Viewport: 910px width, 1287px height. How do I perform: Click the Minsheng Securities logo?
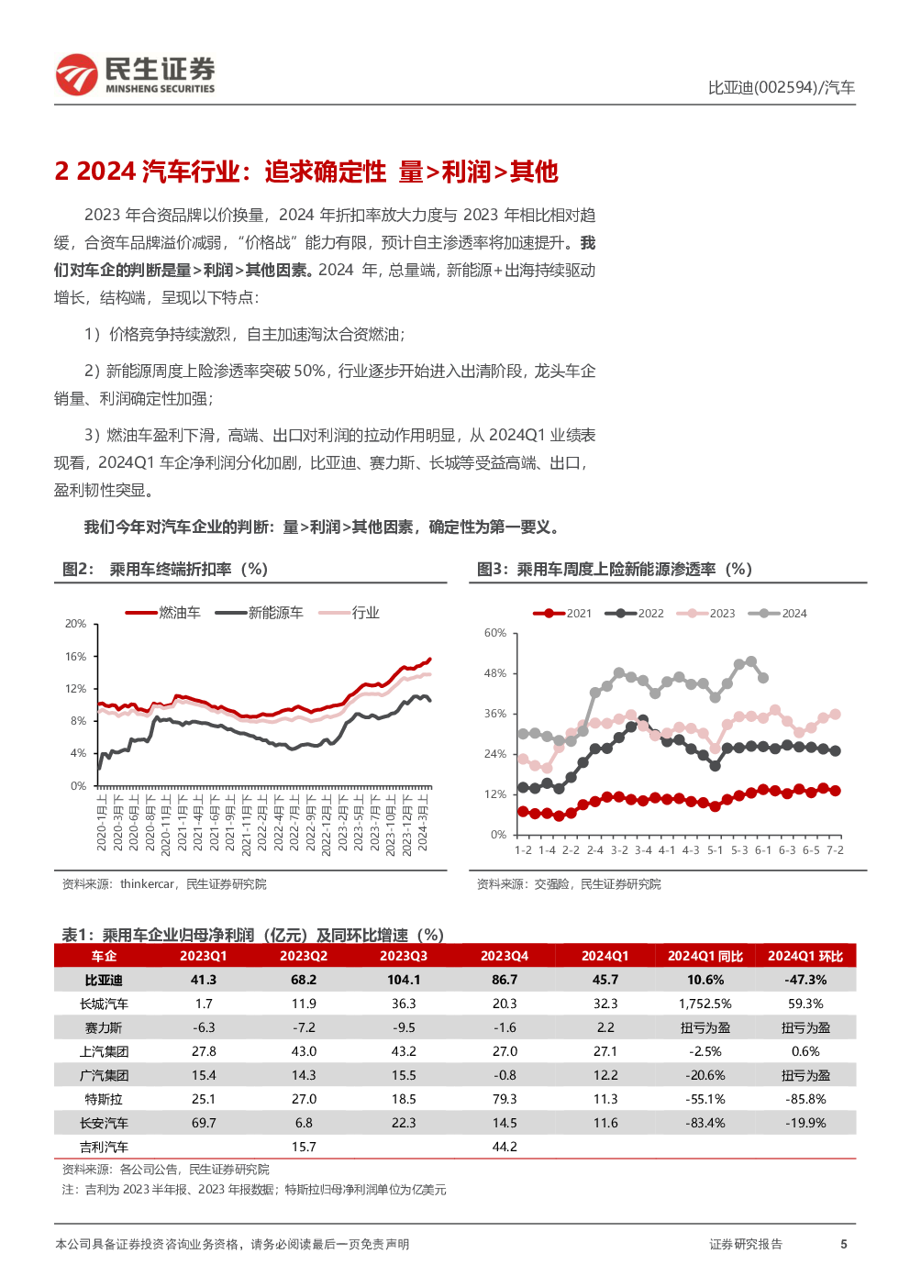click(x=135, y=74)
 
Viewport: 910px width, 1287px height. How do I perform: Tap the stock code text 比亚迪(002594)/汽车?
click(x=781, y=87)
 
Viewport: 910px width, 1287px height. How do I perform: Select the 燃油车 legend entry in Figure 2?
click(x=162, y=613)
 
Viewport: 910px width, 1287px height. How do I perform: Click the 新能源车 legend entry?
click(x=259, y=613)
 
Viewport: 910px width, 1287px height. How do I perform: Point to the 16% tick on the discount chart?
click(x=75, y=656)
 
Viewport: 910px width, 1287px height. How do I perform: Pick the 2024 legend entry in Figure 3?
click(x=778, y=614)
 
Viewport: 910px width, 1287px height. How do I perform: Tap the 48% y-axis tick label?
click(x=495, y=673)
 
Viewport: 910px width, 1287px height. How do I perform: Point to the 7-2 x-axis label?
click(x=835, y=850)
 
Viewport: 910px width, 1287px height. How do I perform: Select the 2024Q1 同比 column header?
click(x=705, y=956)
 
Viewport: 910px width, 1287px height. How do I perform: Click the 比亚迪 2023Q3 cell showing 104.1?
click(x=404, y=980)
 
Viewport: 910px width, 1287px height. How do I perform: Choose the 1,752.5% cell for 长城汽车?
click(x=705, y=1004)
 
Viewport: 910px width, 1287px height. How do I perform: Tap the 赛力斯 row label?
click(x=104, y=1027)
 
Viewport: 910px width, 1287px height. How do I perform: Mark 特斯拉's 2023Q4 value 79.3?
click(x=505, y=1099)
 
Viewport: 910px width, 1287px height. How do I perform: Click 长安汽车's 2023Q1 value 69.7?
click(x=204, y=1123)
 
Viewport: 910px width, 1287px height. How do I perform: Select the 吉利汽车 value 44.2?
click(x=505, y=1147)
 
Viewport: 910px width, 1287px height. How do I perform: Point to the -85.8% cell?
click(x=805, y=1099)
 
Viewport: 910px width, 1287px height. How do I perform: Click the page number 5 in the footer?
click(x=843, y=1244)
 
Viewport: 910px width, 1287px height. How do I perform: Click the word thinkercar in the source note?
click(x=147, y=884)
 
